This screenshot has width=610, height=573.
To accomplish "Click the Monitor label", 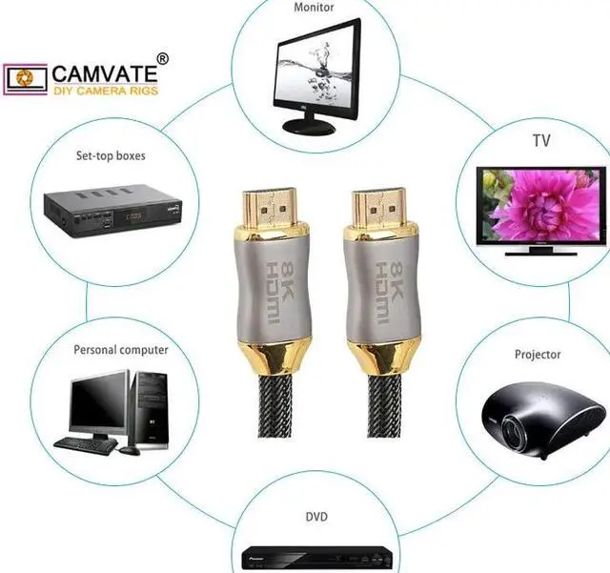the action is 315,7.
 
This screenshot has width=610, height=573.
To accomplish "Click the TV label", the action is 541,141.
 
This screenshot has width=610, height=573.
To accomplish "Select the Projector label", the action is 539,355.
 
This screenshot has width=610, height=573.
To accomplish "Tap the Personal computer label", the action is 121,350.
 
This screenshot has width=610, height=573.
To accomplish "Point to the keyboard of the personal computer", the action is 85,443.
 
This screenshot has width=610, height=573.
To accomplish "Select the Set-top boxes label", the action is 111,155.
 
